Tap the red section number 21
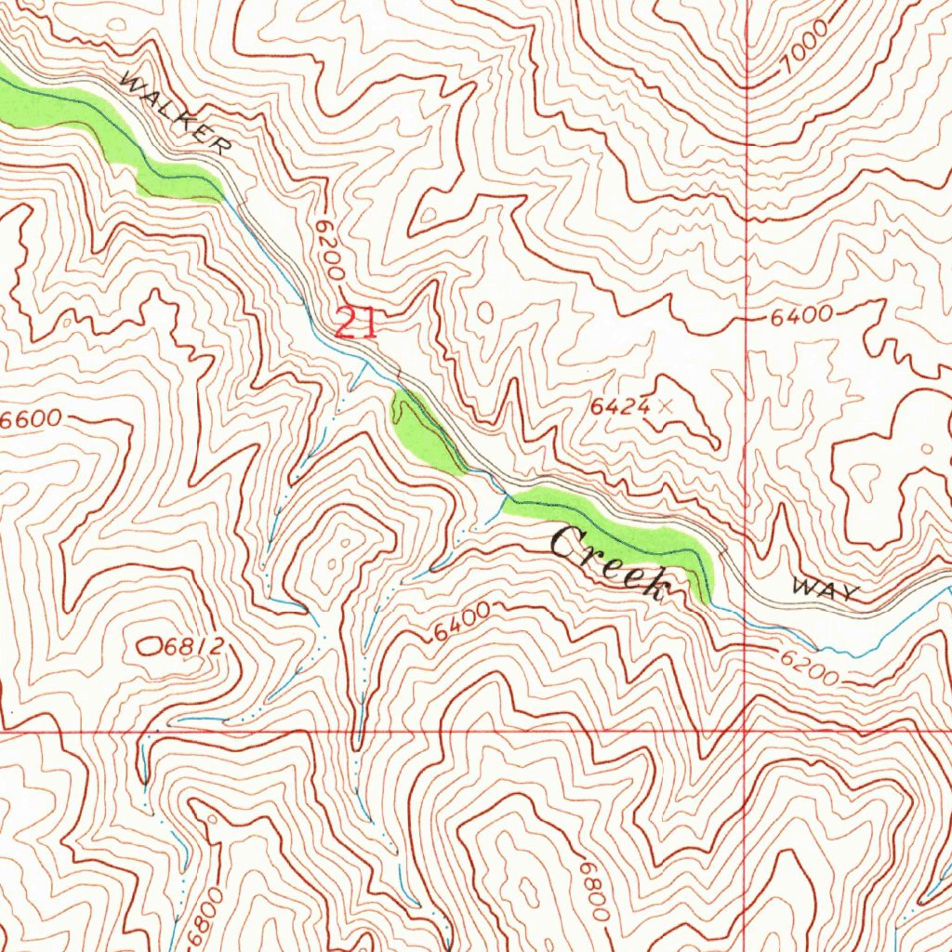[355, 324]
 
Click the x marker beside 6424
[664, 405]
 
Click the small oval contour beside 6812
[149, 643]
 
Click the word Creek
[610, 561]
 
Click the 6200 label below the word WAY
[809, 667]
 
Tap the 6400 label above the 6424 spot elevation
[800, 317]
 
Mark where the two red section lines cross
[747, 731]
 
